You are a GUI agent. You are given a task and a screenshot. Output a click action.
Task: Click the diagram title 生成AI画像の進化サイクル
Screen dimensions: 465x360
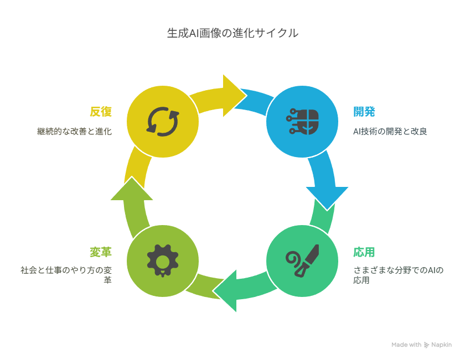232,33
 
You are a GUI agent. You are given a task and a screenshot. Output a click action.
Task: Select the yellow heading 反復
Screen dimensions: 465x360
101,112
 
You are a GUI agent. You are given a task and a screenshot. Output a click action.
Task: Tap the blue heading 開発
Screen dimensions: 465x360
364,112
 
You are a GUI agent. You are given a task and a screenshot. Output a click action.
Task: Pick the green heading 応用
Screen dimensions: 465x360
364,252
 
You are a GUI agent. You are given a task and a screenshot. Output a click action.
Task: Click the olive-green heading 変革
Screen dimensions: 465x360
101,252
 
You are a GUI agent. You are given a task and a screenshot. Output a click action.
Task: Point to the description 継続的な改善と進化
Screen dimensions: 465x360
74,131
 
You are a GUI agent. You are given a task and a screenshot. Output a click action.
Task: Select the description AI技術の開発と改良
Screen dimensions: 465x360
390,131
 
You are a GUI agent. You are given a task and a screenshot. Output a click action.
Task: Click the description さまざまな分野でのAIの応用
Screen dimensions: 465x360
398,275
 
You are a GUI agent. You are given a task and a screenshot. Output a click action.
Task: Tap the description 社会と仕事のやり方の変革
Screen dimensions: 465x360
66,275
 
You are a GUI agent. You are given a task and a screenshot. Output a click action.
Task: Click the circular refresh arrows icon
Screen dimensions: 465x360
163,122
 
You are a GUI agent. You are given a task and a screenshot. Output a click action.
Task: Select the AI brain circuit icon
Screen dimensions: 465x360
302,122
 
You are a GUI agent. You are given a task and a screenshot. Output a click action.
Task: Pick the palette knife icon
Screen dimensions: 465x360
302,261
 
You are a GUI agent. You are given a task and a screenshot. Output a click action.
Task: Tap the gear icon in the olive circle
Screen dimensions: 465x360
163,261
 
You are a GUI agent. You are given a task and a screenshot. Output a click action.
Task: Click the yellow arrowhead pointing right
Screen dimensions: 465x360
234,96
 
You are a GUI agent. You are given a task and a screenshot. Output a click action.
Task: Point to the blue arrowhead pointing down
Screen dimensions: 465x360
327,197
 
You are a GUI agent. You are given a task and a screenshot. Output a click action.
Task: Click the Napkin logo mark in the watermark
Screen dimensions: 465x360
426,345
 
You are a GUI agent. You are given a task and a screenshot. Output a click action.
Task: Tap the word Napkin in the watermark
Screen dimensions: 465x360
442,345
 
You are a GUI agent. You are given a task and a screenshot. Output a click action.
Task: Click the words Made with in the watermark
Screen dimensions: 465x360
406,345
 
